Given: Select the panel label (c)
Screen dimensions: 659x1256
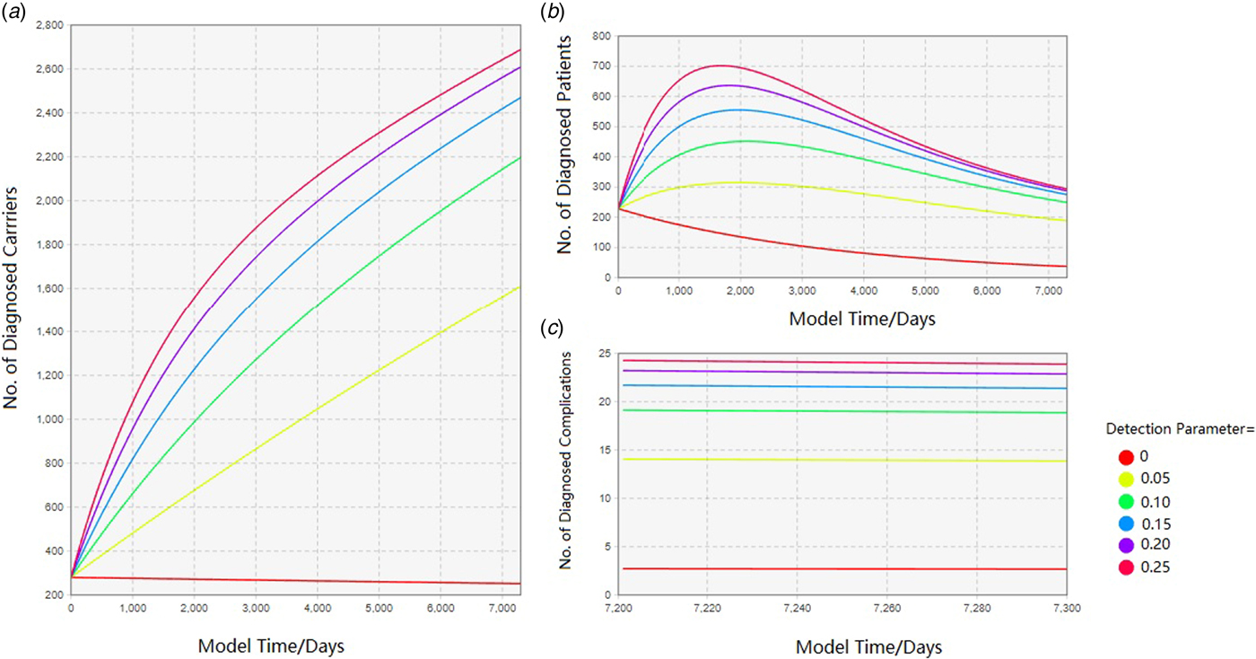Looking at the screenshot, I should [555, 329].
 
